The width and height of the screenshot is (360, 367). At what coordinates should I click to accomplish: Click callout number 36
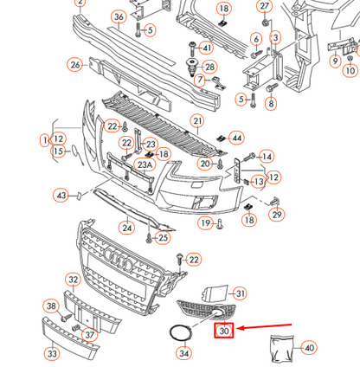tap(119, 17)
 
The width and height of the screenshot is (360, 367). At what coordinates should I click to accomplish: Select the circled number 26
tap(76, 65)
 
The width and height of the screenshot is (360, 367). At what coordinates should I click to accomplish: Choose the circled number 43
tap(62, 196)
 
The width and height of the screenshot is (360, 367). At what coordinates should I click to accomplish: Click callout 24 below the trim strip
tap(126, 229)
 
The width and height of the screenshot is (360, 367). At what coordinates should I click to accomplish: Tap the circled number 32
tap(74, 280)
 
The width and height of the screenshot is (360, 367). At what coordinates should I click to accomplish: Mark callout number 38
tap(51, 306)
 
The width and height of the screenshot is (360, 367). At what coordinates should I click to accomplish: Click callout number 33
tap(53, 353)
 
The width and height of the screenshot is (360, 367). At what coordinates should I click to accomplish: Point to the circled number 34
tap(184, 352)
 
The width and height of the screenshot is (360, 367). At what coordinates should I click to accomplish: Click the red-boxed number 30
tap(225, 330)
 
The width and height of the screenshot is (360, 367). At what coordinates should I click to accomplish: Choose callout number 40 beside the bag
tap(309, 348)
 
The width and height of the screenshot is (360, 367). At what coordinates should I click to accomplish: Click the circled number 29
tap(278, 215)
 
